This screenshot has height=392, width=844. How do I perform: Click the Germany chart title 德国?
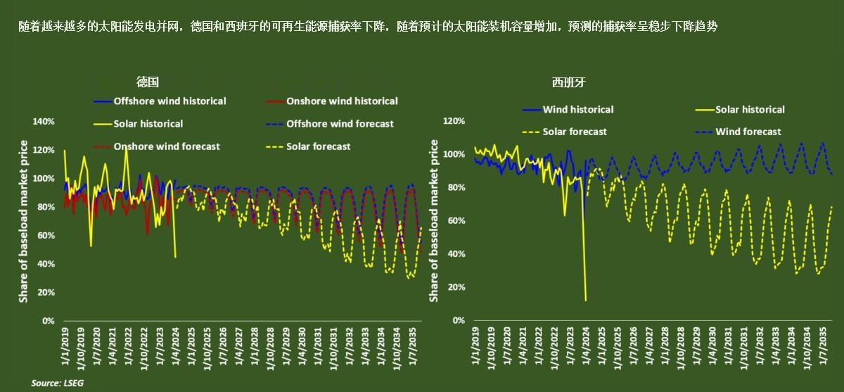pyautogui.click(x=148, y=82)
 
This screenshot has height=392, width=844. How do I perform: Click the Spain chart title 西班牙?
pyautogui.click(x=568, y=82)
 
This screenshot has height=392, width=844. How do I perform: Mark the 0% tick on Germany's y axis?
pyautogui.click(x=49, y=321)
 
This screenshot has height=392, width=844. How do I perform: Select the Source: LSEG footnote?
pyautogui.click(x=52, y=384)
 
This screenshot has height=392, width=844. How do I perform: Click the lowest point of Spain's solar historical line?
pyautogui.click(x=586, y=301)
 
